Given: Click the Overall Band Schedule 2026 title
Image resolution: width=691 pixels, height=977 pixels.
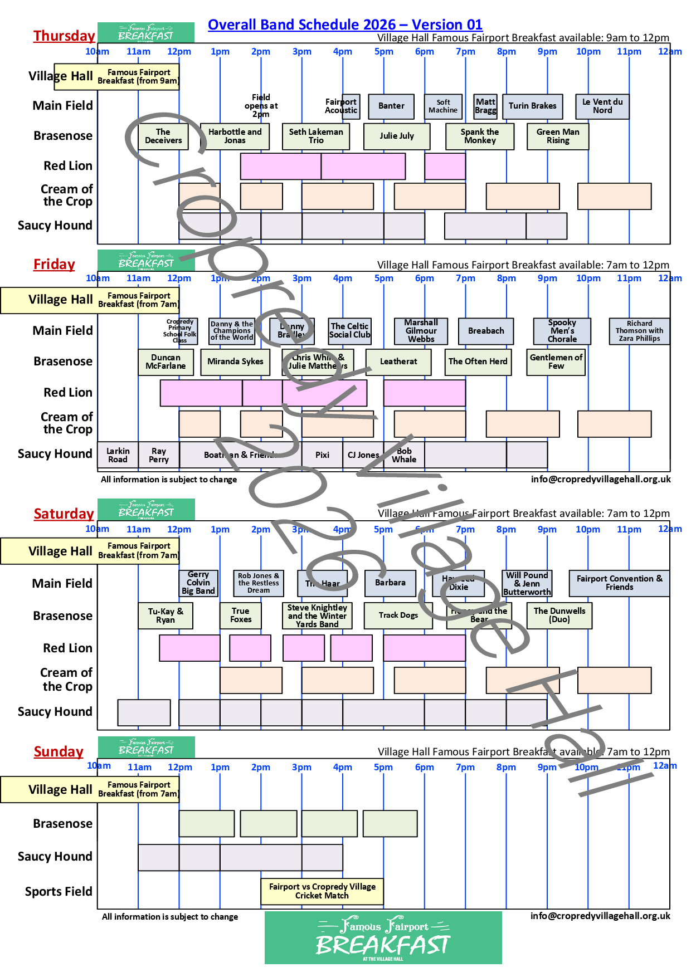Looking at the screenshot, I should click(345, 25).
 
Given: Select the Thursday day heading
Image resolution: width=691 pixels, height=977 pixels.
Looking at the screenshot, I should click(64, 36).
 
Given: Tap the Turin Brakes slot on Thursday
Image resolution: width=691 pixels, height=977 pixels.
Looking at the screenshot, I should click(532, 106).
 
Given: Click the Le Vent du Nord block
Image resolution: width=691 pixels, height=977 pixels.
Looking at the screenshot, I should click(602, 106).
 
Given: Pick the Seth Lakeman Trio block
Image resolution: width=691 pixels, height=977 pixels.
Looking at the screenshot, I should click(316, 136).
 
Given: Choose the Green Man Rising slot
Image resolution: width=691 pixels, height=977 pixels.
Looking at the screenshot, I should click(558, 136).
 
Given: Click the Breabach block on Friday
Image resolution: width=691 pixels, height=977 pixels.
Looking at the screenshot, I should click(486, 331).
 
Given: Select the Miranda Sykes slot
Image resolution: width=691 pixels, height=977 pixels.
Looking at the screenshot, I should click(235, 362).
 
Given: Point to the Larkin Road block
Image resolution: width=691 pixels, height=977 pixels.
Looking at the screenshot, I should click(118, 455).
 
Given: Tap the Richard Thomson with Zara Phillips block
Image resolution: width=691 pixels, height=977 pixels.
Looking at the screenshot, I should click(639, 331).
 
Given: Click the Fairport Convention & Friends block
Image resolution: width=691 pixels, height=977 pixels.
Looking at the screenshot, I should click(619, 583).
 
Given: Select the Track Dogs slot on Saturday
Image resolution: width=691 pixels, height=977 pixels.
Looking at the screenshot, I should click(398, 615).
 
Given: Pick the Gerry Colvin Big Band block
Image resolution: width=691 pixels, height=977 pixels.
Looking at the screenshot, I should click(198, 583).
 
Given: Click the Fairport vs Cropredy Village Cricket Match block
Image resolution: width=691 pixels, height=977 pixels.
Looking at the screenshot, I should click(322, 891).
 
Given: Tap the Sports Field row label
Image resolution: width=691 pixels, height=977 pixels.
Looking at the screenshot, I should click(59, 891).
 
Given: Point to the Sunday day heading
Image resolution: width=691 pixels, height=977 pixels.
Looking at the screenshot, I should click(59, 751).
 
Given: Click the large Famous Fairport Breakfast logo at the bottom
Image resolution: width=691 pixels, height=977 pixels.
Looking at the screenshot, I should click(383, 938).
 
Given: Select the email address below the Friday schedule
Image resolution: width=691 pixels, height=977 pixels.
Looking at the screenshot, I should click(600, 479).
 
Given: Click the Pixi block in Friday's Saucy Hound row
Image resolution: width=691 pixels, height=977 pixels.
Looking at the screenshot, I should click(322, 455).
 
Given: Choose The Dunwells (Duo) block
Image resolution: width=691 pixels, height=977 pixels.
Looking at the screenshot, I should click(559, 615).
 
